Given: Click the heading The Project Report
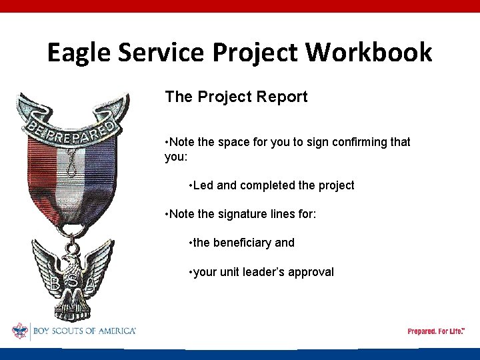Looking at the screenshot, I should pos(236,97).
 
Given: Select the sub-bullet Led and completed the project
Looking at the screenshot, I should pos(272,185).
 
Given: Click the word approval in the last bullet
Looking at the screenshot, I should pos(311,271).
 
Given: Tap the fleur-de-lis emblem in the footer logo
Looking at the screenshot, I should pos(19,331).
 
